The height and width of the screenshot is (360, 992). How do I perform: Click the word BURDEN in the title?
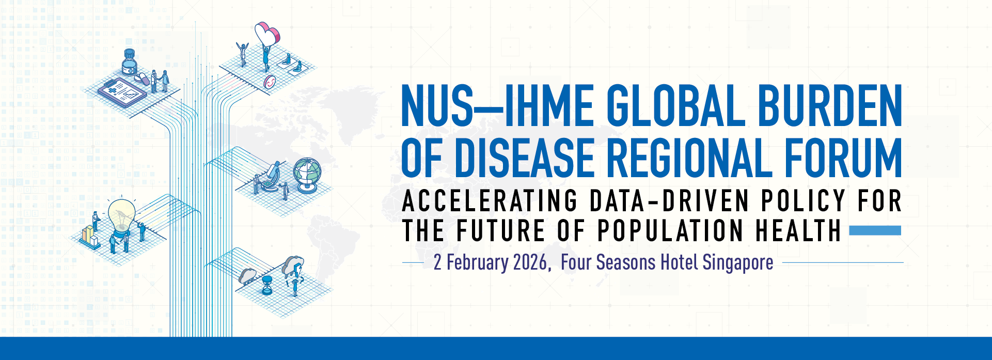pyautogui.click(x=830, y=106)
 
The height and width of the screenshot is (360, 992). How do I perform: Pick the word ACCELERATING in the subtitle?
pyautogui.click(x=490, y=201)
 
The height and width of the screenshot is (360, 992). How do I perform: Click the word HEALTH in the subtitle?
pyautogui.click(x=798, y=231)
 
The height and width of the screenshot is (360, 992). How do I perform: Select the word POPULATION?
pyautogui.click(x=670, y=231)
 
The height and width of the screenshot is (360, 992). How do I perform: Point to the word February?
pyautogui.click(x=477, y=263)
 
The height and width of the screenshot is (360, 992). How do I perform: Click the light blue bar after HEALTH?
pyautogui.click(x=875, y=230)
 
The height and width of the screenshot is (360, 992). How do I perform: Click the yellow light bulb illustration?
pyautogui.click(x=121, y=216)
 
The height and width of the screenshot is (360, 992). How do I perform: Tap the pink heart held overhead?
pyautogui.click(x=267, y=34)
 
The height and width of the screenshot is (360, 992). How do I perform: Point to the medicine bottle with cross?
pyautogui.click(x=129, y=63)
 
